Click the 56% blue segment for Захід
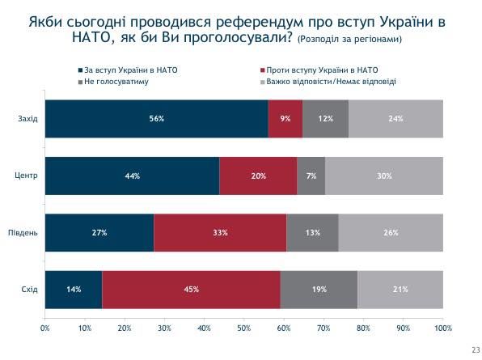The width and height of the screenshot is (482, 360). click(156, 119)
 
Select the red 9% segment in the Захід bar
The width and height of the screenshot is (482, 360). click(285, 119)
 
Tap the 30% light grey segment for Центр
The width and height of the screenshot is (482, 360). click(384, 176)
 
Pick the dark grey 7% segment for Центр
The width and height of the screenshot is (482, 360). click(311, 176)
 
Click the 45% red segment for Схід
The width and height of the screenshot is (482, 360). click(191, 289)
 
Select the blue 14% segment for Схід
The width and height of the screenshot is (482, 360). click(74, 289)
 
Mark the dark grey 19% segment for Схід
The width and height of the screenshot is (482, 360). click(319, 289)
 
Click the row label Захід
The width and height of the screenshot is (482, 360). click(28, 119)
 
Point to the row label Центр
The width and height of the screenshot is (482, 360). click(27, 176)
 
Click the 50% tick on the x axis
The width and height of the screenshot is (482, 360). click(244, 328)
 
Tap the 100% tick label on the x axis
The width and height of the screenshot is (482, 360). click(442, 328)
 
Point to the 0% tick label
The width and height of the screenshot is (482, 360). click(45, 328)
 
